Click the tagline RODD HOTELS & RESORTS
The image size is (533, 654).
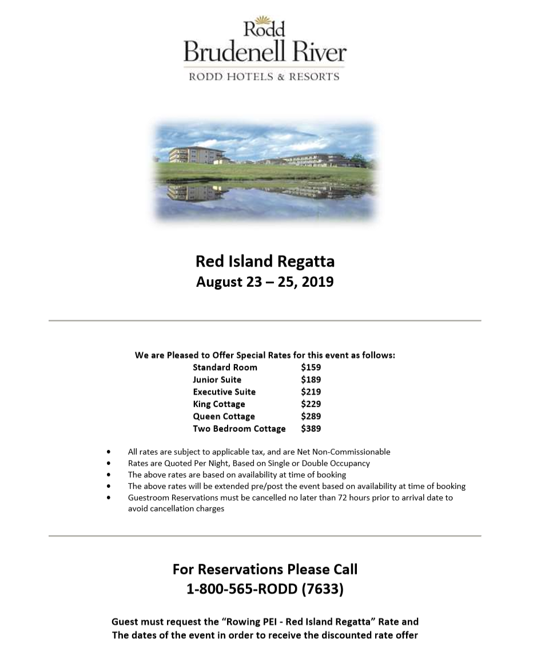pos(264,76)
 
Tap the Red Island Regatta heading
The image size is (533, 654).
pos(265,261)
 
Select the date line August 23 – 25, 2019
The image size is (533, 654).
pos(265,282)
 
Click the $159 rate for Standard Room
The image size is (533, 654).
pos(311,368)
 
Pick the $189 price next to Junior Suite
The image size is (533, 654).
pos(311,380)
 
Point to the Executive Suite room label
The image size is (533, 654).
pos(224,392)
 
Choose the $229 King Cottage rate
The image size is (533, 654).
pos(311,404)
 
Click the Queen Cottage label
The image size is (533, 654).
pos(224,416)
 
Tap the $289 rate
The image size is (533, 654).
pos(311,416)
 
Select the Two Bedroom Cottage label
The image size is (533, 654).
pos(239,429)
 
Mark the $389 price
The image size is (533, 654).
pos(311,429)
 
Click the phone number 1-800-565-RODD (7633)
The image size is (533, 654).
pos(265,589)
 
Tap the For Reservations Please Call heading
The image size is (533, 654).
pos(265,569)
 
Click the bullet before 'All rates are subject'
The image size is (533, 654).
pos(109,452)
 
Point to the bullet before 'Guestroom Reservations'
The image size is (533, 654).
pos(109,498)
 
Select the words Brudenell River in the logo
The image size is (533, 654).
pos(265,52)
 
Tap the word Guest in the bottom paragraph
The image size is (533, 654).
pos(125,621)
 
